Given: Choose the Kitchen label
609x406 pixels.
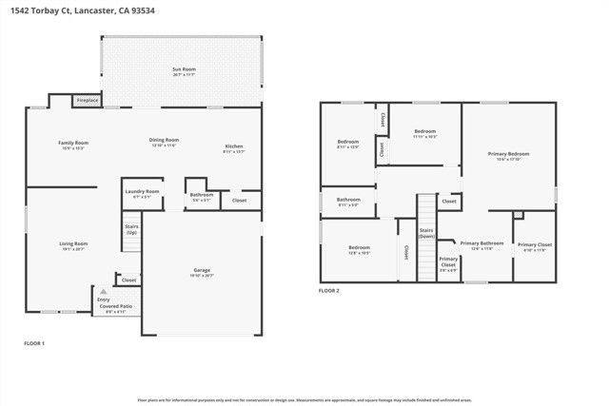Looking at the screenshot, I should [233, 147].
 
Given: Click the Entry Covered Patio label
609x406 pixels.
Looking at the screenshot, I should [115, 306].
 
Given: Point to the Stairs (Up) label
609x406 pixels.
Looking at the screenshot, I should [131, 229].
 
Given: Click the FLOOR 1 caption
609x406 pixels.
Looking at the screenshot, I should [34, 342].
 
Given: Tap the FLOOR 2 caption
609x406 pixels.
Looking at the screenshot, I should [329, 290].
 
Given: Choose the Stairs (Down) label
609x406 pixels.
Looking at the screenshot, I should [426, 233].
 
